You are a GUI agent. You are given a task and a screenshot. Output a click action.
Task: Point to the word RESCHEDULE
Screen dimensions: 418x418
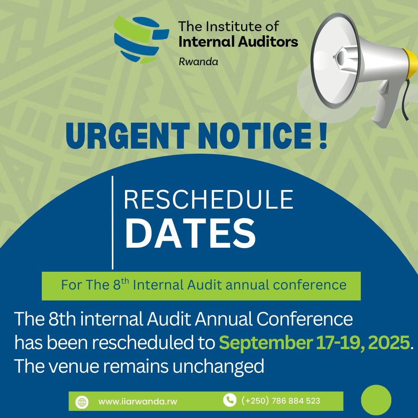[x=208, y=201]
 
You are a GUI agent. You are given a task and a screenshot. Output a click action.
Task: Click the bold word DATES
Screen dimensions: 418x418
[x=190, y=234]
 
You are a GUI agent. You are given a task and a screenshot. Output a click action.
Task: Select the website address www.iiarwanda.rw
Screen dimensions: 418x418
[x=137, y=402]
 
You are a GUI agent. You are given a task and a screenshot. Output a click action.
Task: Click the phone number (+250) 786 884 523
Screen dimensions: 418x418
[x=281, y=401]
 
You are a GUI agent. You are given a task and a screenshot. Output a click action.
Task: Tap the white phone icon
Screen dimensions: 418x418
[x=230, y=400]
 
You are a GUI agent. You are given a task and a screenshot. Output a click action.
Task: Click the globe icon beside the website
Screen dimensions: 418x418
[x=82, y=402]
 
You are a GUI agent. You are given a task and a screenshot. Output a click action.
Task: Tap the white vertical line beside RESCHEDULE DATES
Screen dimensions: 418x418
[x=113, y=223]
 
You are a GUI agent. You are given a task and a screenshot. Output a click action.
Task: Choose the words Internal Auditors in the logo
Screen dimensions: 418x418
[x=238, y=41]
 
